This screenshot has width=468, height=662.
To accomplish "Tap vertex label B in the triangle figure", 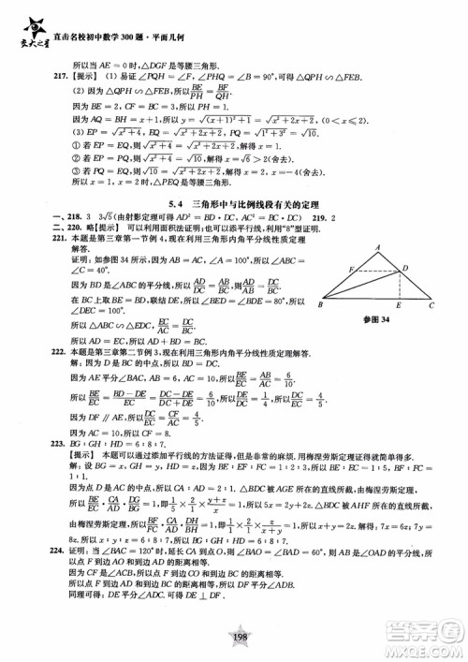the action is point(321,304).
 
